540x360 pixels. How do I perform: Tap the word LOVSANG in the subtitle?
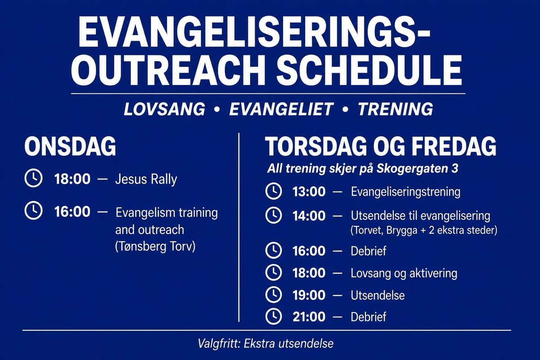click(164, 109)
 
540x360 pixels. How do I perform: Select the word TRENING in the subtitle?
click(396, 109)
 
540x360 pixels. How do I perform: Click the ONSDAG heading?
click(70, 147)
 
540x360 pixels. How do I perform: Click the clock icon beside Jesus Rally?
click(33, 179)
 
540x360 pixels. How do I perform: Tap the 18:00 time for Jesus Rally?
click(72, 179)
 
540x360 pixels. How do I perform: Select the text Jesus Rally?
click(146, 180)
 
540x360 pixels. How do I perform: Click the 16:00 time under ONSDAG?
click(72, 211)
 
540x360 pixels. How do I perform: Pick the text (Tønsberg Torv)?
click(155, 247)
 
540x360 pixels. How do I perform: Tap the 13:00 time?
click(309, 192)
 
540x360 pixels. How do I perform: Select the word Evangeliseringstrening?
click(405, 192)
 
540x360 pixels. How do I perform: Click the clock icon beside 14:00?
click(274, 215)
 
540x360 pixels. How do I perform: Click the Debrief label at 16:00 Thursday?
click(369, 251)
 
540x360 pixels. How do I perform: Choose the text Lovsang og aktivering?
click(404, 274)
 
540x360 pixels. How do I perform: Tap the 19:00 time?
click(309, 295)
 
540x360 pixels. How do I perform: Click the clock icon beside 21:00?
click(274, 317)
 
